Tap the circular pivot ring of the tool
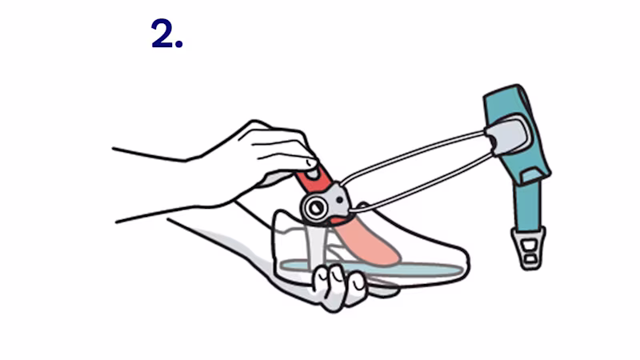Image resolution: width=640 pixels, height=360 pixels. [315, 208]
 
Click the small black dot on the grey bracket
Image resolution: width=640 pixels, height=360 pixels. [340, 200]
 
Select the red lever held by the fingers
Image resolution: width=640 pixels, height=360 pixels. [315, 178]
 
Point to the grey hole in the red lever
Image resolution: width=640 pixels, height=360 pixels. [313, 174]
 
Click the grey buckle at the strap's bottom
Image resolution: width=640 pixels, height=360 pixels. [529, 248]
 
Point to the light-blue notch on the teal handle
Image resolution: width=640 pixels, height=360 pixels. [533, 176]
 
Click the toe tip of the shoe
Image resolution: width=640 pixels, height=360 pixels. [468, 261]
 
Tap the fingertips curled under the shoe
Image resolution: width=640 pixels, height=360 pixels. [338, 286]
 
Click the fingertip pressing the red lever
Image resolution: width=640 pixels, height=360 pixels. [310, 163]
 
